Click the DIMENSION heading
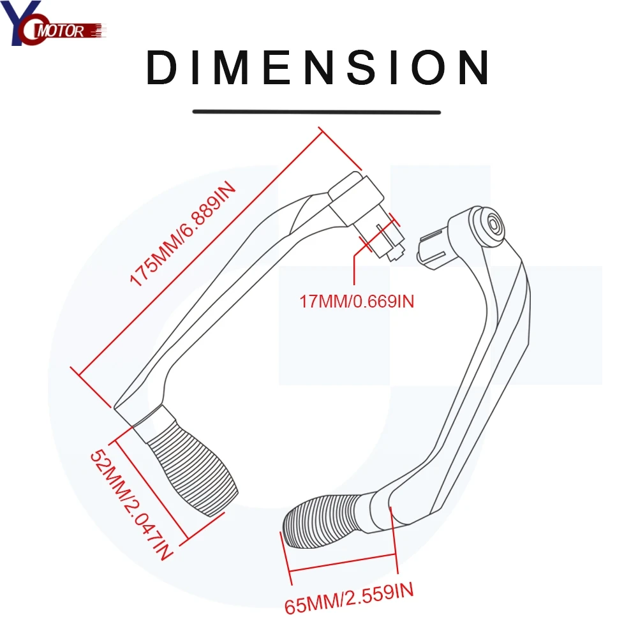click(x=317, y=68)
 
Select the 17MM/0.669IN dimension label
click(x=357, y=300)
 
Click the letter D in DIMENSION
click(x=162, y=68)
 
